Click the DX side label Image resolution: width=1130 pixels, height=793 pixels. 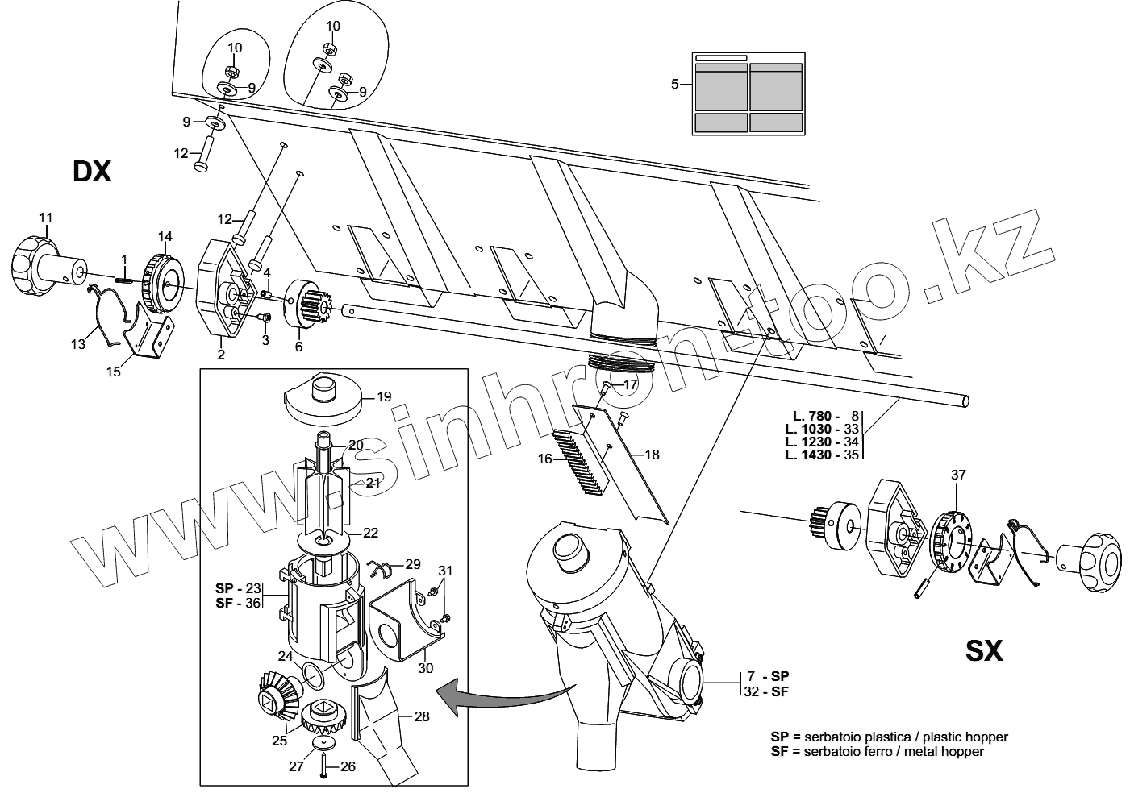click(x=92, y=171)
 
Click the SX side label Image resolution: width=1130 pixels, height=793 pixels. click(x=984, y=650)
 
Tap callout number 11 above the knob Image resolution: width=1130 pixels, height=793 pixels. click(x=45, y=218)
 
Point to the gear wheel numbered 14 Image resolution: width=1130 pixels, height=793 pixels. click(x=163, y=281)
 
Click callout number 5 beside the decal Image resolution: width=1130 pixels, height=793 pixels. click(x=675, y=83)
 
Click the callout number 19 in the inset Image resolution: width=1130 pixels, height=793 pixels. click(x=383, y=396)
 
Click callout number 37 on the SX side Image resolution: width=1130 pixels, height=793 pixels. click(x=957, y=475)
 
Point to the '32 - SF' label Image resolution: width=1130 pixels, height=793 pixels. click(x=768, y=691)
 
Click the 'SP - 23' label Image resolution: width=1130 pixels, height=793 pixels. click(x=238, y=587)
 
